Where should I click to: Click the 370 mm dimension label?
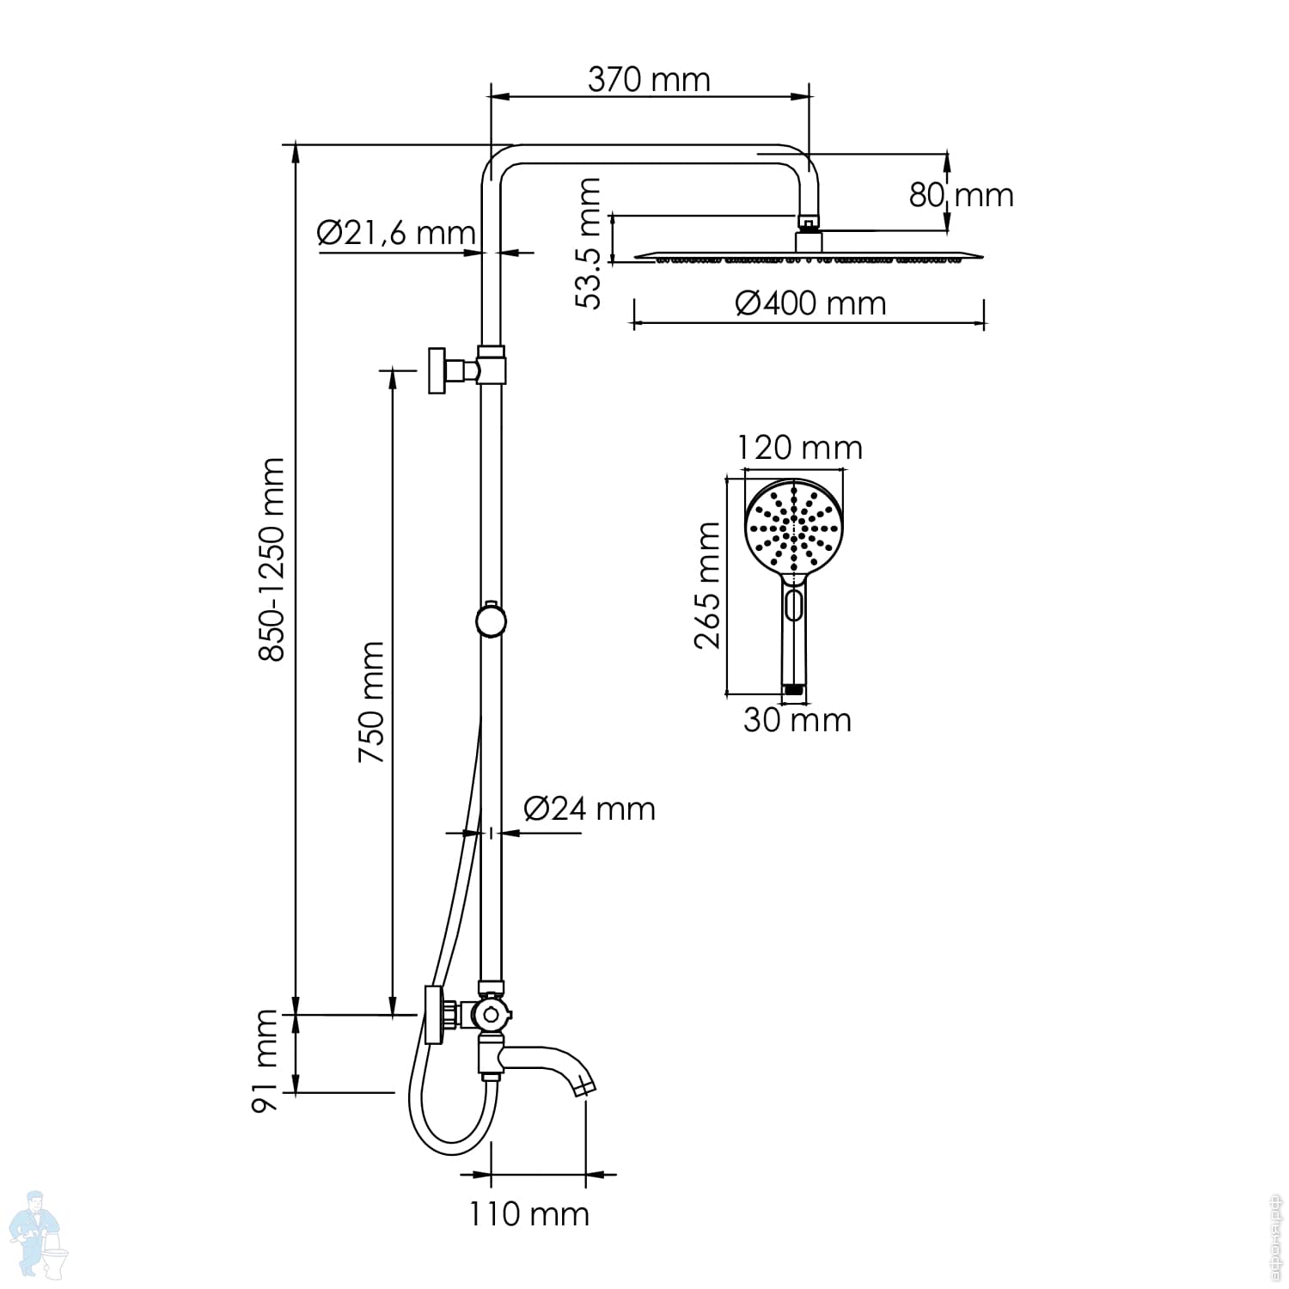[649, 80]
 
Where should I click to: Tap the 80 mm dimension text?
[962, 195]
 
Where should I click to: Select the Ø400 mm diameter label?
[810, 303]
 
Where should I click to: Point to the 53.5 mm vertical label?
[589, 243]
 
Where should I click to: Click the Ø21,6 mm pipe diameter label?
[396, 232]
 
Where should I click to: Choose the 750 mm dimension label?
[371, 702]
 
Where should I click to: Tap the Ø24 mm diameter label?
[590, 809]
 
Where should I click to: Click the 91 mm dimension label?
[265, 1062]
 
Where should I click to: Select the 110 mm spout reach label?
[529, 1214]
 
